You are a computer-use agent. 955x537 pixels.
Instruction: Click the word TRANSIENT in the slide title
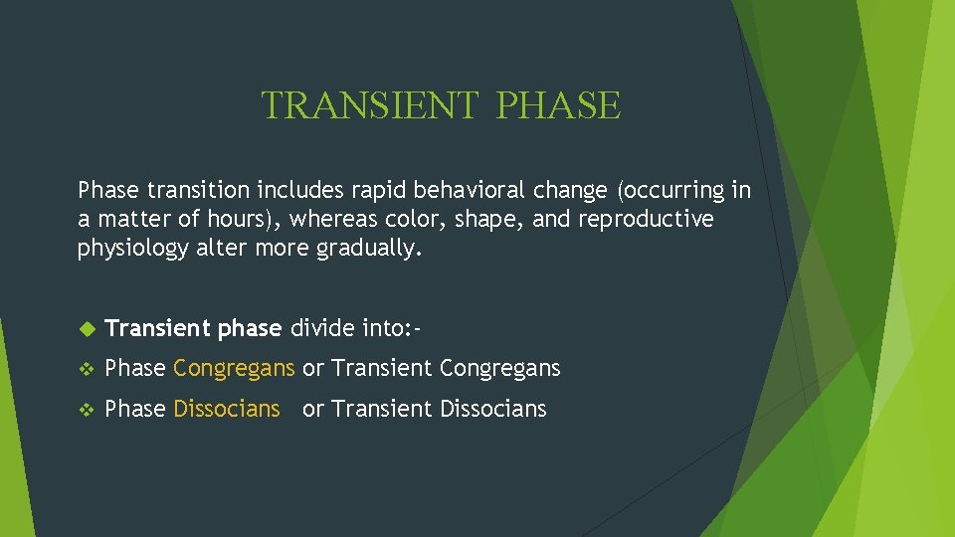(369, 105)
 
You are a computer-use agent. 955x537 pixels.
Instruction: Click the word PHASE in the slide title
(557, 105)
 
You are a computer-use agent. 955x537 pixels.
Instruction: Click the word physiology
(132, 249)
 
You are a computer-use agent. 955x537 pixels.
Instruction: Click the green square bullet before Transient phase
(85, 328)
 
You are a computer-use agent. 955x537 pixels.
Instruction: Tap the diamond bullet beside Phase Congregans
(85, 369)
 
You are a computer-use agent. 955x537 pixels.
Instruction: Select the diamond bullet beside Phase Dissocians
(85, 410)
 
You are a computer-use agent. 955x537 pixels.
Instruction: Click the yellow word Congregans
(234, 369)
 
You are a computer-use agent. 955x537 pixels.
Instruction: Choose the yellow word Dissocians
(227, 409)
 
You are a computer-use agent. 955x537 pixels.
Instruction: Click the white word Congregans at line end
(499, 369)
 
